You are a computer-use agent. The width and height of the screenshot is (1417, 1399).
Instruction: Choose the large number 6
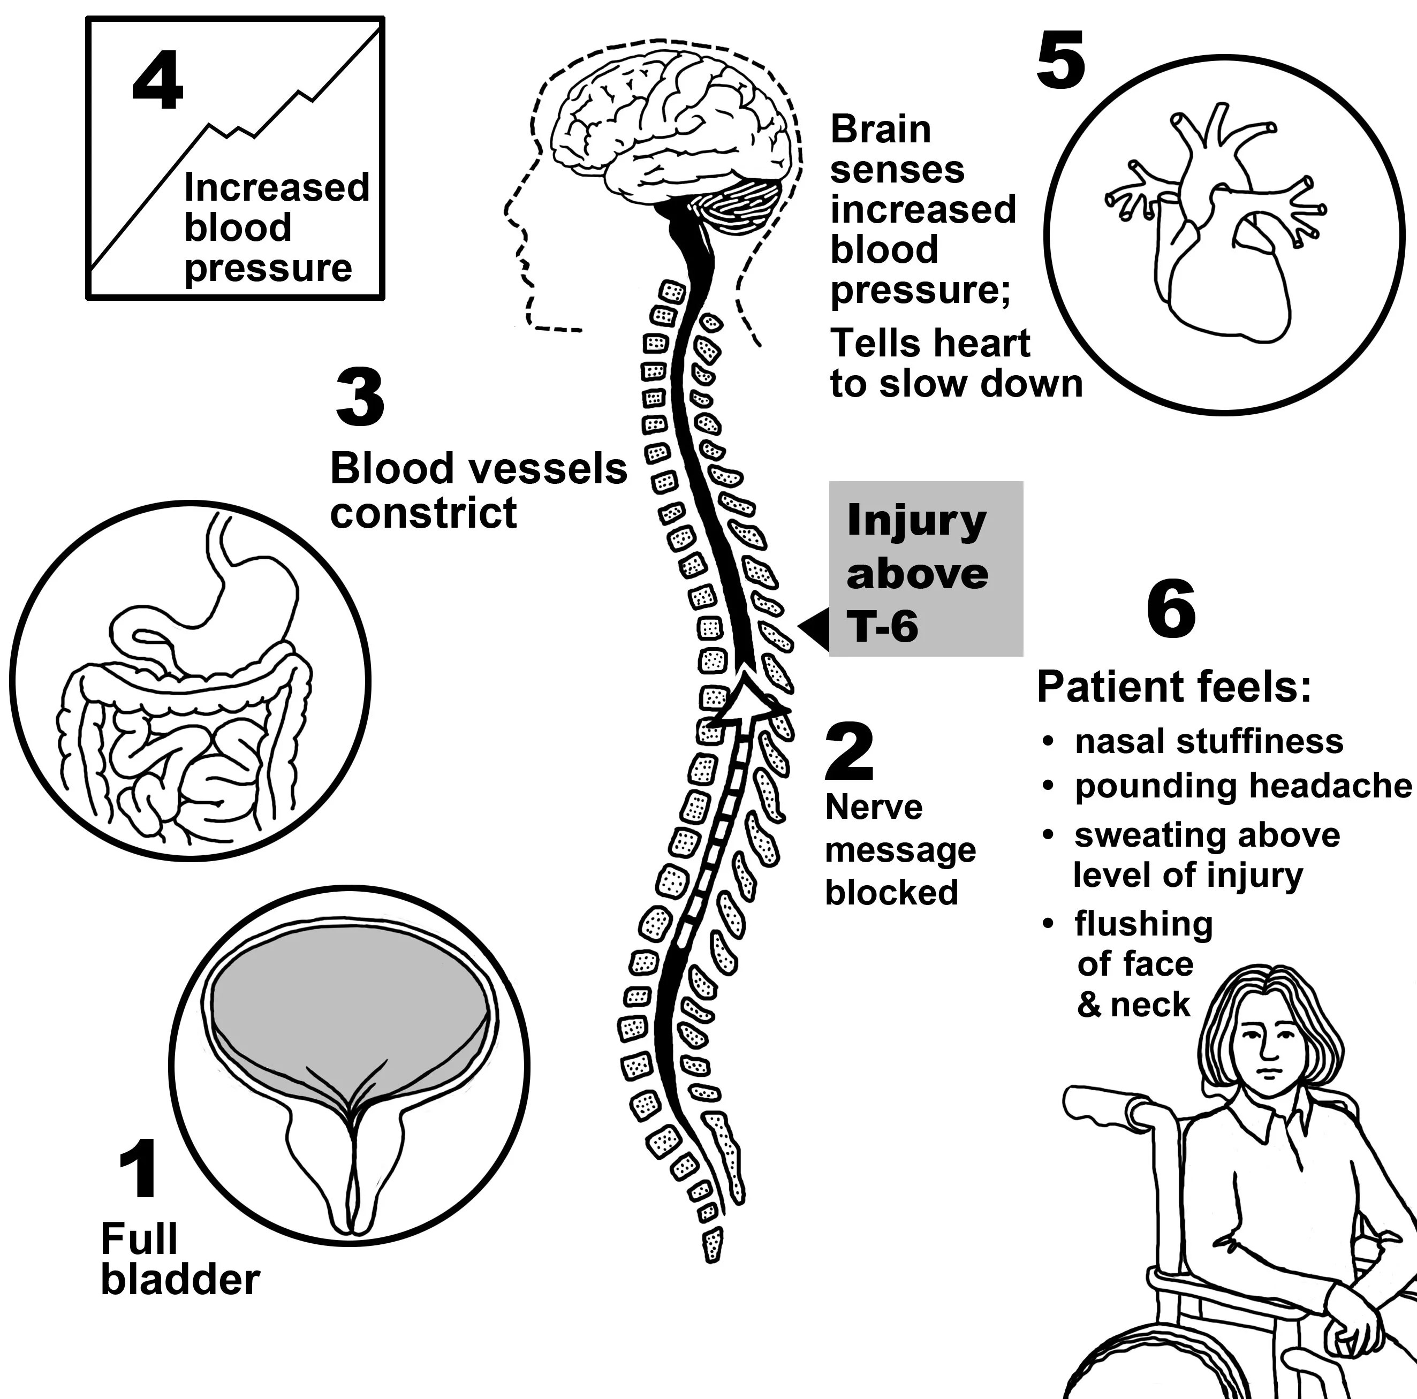[1171, 609]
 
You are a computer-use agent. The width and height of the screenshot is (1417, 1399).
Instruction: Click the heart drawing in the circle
[1217, 242]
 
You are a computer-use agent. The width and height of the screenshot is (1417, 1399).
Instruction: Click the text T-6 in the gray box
[882, 627]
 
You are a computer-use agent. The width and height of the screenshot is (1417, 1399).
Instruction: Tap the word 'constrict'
[423, 513]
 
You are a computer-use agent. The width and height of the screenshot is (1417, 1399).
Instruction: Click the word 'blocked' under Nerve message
[891, 892]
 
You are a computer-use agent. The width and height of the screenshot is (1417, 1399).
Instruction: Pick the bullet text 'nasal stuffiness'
[1209, 741]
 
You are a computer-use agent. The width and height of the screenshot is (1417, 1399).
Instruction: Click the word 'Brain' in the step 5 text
[880, 130]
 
